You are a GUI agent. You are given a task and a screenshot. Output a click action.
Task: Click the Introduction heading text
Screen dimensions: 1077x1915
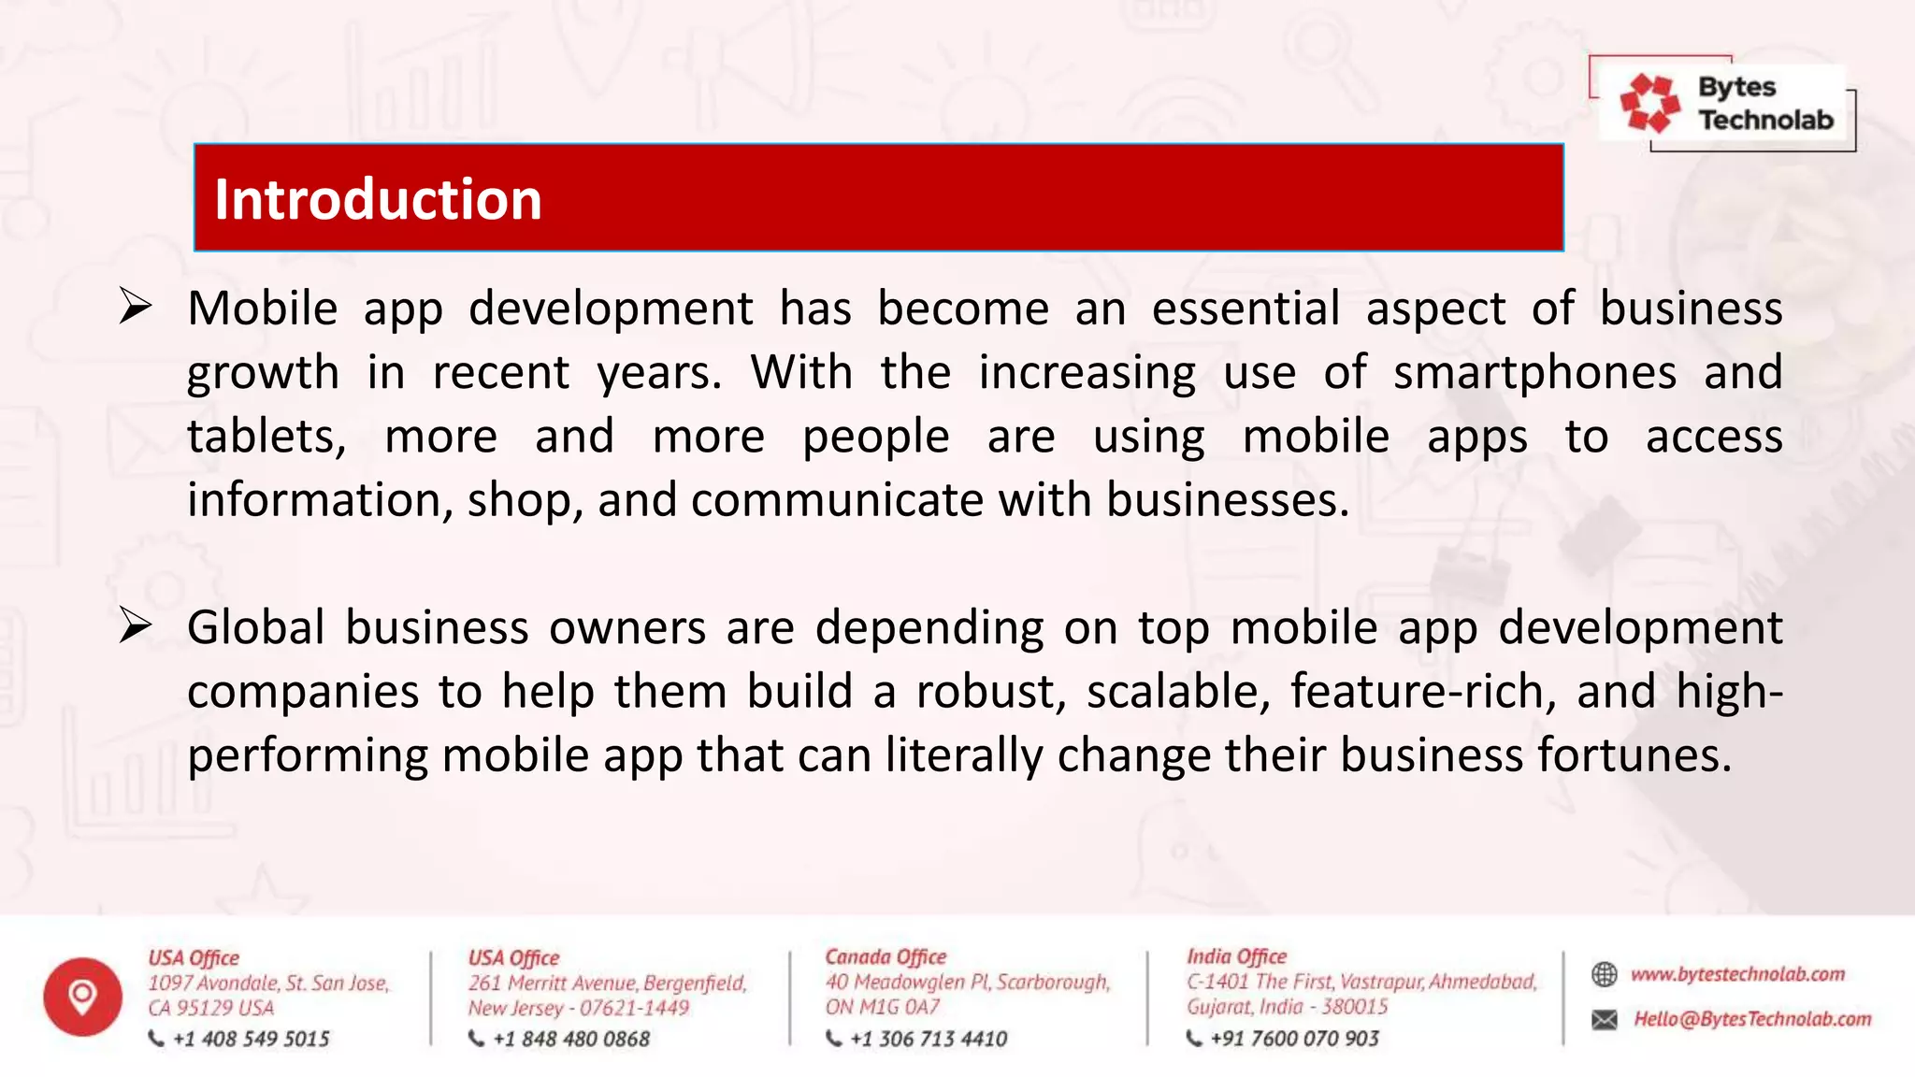point(378,199)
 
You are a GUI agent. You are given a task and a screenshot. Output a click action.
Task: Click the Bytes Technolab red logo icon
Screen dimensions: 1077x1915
point(1649,103)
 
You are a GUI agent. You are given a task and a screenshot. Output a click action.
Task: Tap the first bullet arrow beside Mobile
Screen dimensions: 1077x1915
point(136,307)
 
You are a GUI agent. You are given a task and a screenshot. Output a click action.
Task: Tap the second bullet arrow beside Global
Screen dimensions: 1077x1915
point(136,625)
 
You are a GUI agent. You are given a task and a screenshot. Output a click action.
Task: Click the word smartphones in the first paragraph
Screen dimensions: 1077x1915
point(1534,373)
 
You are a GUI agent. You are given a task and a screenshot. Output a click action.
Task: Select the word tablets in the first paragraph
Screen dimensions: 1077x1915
point(266,437)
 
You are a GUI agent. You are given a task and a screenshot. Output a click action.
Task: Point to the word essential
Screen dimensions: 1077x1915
point(1245,309)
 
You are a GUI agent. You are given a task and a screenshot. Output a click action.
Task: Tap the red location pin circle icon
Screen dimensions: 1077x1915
point(82,997)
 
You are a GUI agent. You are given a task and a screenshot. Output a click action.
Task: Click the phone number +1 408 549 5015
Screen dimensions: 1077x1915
point(251,1039)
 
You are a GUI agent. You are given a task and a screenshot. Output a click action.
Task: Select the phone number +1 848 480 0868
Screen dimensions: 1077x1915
point(570,1039)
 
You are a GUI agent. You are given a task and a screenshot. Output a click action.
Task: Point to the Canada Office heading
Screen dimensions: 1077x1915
point(886,956)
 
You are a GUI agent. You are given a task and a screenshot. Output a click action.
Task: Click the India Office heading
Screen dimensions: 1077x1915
point(1236,956)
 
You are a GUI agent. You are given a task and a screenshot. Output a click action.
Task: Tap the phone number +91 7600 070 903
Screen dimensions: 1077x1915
point(1294,1038)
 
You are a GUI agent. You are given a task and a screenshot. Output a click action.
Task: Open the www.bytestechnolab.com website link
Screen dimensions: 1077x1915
point(1737,974)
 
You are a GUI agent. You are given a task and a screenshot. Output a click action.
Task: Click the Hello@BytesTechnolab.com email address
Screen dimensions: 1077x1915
point(1752,1019)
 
